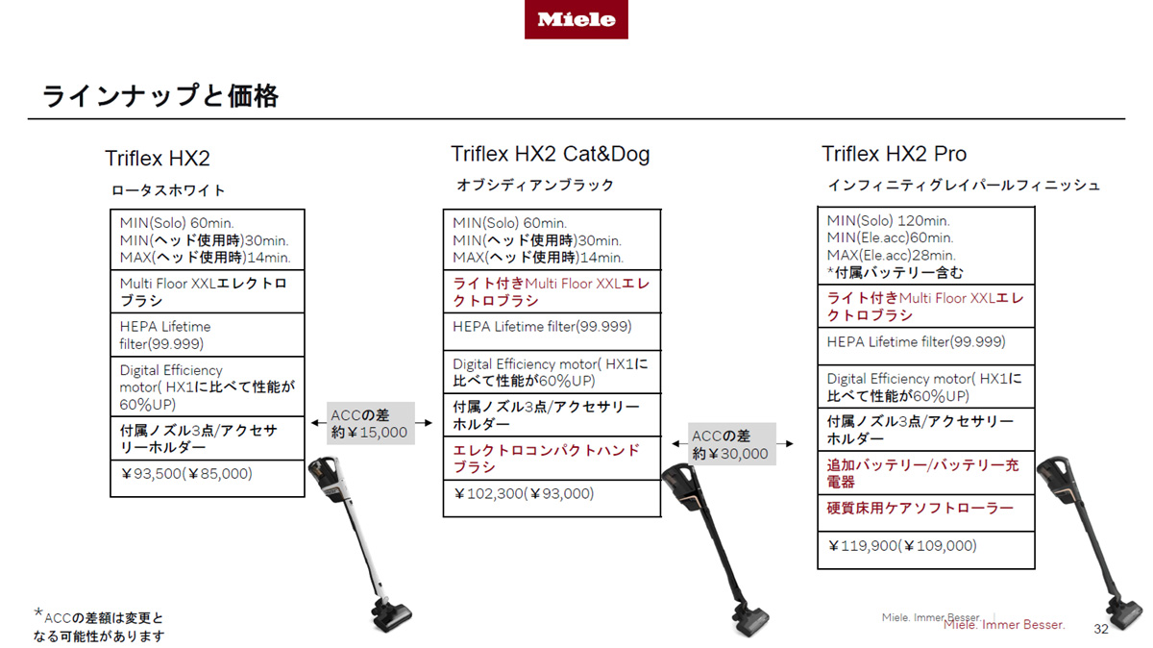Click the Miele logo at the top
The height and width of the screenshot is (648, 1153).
[576, 19]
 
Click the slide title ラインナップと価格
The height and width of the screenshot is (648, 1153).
[160, 96]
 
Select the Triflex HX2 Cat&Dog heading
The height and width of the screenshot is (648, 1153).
[551, 154]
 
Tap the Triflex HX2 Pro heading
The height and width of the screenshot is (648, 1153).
[895, 154]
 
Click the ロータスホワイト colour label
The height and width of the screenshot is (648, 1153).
[168, 190]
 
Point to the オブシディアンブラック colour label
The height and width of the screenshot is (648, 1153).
[535, 185]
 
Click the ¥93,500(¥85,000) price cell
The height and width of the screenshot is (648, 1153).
[208, 479]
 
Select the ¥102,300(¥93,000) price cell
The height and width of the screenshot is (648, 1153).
[552, 499]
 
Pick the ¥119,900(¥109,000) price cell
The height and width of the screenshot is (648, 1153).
[926, 550]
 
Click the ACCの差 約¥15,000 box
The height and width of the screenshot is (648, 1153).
[371, 423]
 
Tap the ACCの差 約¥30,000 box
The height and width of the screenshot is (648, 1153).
[732, 444]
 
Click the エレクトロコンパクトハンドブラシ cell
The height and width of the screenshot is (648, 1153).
[552, 459]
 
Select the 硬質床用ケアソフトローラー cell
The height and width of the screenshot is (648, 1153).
[926, 513]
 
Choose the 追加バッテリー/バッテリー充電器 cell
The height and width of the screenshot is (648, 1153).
[926, 473]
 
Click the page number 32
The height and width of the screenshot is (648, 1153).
[1101, 629]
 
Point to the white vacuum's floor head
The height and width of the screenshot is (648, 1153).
[392, 615]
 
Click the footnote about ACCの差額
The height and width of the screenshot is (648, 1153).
[99, 626]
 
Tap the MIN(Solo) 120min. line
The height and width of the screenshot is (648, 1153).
[889, 221]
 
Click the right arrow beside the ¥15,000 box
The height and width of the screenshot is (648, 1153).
[424, 423]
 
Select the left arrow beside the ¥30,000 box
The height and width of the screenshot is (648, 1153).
[680, 443]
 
